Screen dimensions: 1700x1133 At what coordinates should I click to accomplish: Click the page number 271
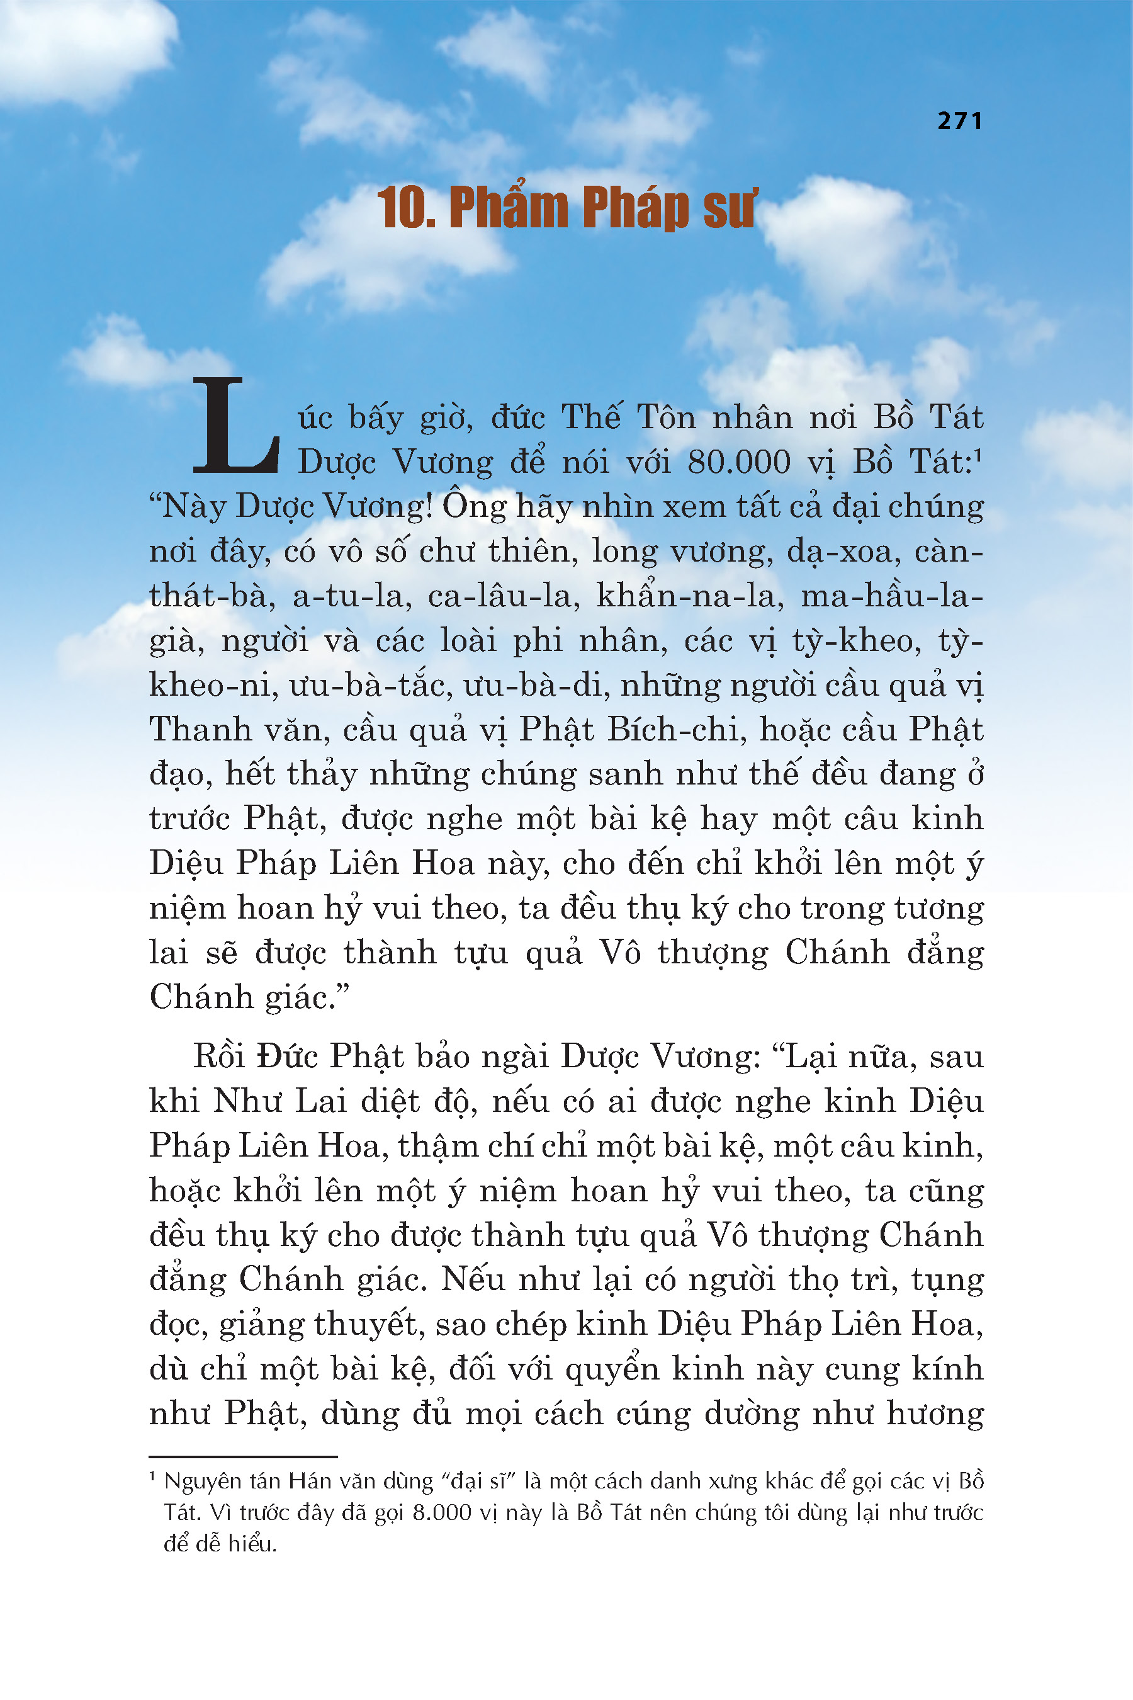click(959, 120)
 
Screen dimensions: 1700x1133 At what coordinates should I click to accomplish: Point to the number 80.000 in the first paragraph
click(738, 463)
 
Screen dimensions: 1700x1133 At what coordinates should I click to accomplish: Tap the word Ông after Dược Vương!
click(475, 506)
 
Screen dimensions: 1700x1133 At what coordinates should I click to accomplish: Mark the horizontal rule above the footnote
click(243, 1456)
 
